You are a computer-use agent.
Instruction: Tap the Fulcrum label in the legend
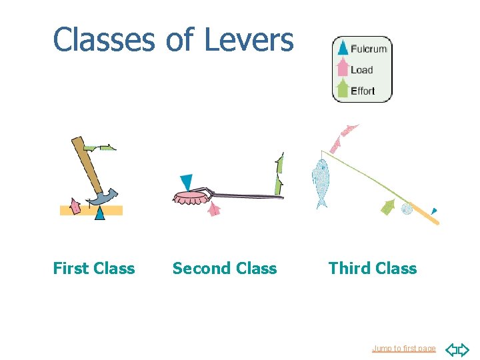click(369, 49)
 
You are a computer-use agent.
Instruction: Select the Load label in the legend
click(361, 70)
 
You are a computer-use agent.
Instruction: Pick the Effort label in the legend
click(363, 91)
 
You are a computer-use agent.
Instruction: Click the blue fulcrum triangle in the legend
click(343, 47)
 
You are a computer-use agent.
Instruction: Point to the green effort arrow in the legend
click(342, 89)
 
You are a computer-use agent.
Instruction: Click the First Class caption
click(93, 269)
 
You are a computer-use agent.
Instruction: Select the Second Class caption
click(224, 269)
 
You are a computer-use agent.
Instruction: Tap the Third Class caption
click(372, 269)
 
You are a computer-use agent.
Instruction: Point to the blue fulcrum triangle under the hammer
click(99, 213)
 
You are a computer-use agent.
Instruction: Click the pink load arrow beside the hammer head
click(75, 207)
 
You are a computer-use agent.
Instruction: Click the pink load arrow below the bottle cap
click(214, 209)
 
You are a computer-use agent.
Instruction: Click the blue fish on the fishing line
click(321, 183)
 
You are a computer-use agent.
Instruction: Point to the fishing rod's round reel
click(407, 209)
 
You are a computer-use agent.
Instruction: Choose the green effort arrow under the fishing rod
click(388, 207)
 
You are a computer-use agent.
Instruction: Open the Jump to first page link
click(403, 349)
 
